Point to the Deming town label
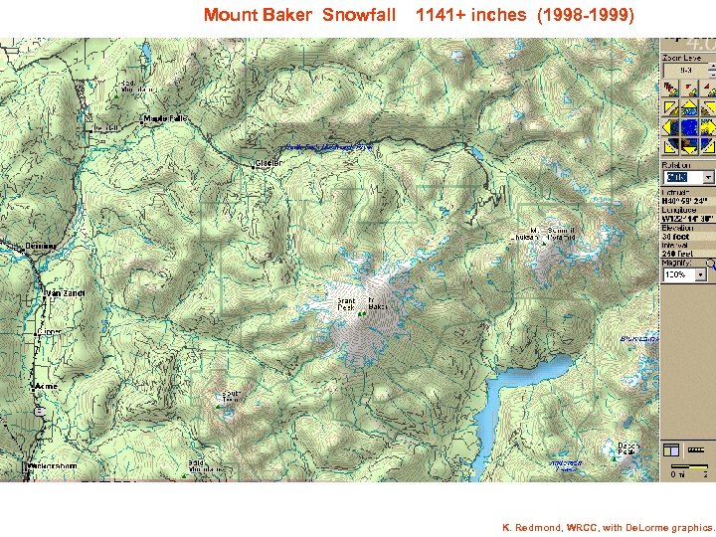(x=42, y=246)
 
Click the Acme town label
(x=46, y=385)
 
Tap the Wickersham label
(x=52, y=465)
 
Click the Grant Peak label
(x=345, y=303)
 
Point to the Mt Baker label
(x=376, y=303)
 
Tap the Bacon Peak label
(x=627, y=448)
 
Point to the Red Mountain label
(x=130, y=86)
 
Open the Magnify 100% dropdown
(x=687, y=273)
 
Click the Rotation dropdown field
(x=687, y=178)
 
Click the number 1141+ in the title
(x=444, y=15)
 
